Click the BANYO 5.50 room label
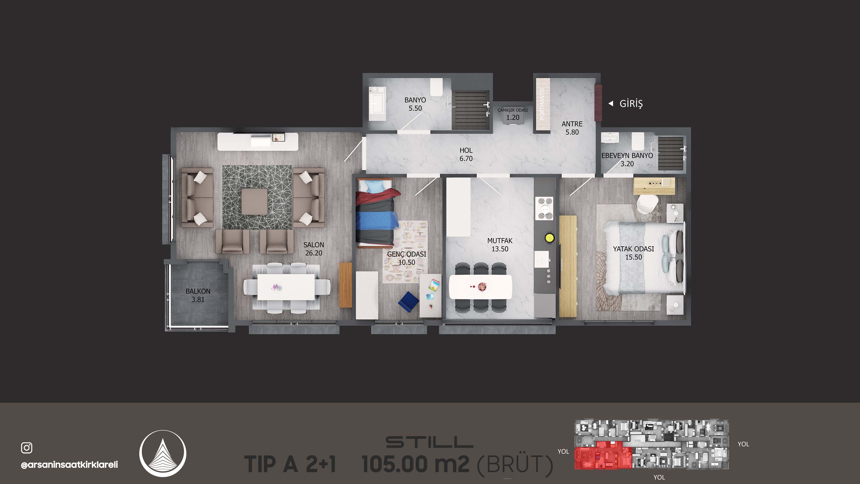415,104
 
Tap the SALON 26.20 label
314,249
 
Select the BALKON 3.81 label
198,295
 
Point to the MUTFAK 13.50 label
500,245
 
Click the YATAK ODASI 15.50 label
633,253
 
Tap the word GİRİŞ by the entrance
631,104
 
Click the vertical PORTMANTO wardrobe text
542,104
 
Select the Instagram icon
27,448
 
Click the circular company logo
163,453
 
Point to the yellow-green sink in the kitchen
550,238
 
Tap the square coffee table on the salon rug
255,201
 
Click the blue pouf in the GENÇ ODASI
408,302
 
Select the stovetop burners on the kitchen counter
544,208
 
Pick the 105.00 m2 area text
416,464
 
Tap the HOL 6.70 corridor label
466,154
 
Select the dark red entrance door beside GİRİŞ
598,103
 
